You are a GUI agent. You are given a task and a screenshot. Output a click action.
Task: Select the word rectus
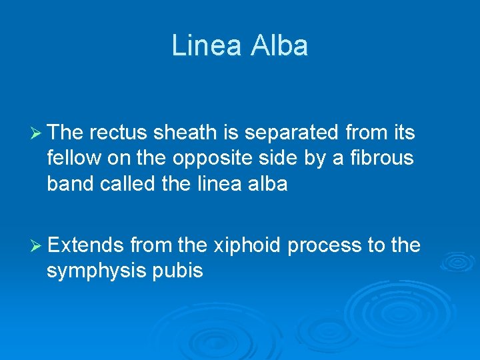118,133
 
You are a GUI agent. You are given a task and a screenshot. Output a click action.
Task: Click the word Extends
86,245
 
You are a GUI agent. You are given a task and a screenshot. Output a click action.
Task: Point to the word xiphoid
247,245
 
